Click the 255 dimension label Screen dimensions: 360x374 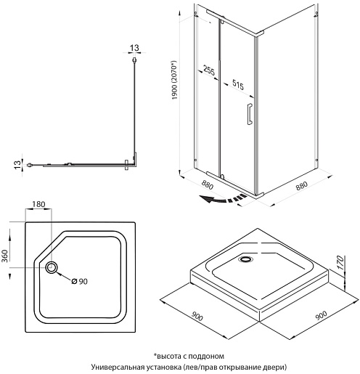tap(209, 70)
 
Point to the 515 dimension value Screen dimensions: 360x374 tap(238, 84)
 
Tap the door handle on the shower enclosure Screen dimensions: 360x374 tap(250, 114)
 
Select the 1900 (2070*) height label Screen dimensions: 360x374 tap(174, 80)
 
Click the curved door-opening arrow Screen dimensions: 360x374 tap(223, 199)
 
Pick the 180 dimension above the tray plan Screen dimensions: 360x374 tap(38, 205)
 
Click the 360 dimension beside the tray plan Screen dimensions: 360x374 tap(5, 256)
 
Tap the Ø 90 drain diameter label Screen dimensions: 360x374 tap(80, 281)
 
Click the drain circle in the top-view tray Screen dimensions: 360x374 tap(52, 267)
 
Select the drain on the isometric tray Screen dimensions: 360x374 tap(245, 259)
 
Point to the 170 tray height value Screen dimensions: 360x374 tap(340, 262)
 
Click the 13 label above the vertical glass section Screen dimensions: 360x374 tap(134, 48)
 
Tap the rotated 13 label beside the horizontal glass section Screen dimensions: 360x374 tap(17, 165)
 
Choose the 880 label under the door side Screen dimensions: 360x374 tap(208, 185)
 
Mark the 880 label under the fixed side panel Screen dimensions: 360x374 tap(302, 185)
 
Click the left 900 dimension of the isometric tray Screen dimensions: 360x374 tap(197, 316)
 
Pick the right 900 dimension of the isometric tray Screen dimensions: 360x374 tap(322, 315)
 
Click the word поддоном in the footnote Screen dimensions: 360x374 tap(206, 357)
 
